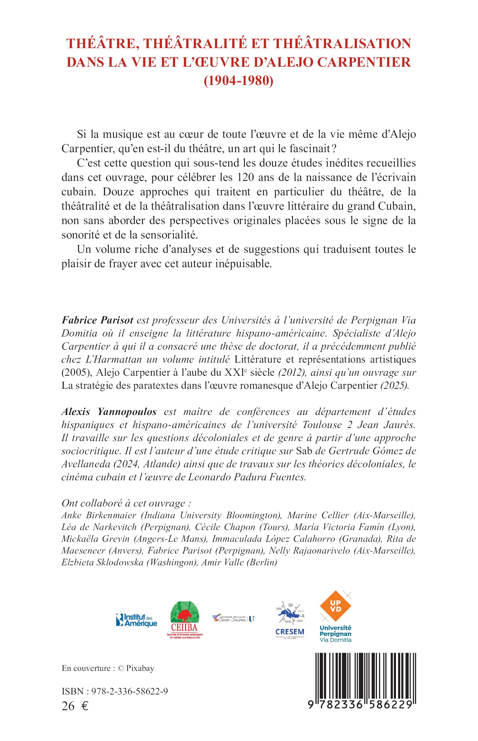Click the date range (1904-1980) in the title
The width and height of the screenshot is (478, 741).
(x=239, y=81)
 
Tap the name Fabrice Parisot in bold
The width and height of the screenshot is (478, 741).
(x=97, y=320)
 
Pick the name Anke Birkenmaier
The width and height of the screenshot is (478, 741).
(x=99, y=515)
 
